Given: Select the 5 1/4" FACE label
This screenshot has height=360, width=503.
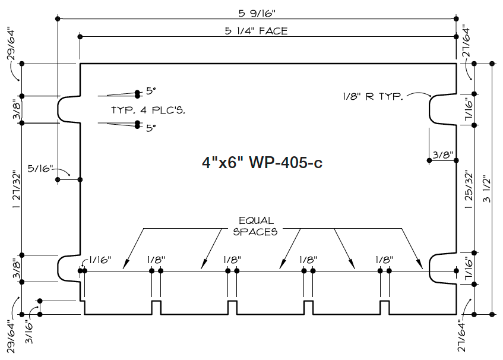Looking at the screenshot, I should (x=256, y=31).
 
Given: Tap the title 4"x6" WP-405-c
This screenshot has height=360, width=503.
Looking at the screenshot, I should (x=261, y=162).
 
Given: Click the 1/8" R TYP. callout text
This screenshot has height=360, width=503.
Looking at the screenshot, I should (x=373, y=96).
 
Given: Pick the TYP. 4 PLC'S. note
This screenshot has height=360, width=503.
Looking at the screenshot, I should (x=145, y=110).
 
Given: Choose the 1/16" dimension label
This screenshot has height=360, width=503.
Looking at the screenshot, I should (x=99, y=260).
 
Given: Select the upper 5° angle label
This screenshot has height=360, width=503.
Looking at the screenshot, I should (x=150, y=91).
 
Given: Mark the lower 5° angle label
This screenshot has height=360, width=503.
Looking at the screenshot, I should (x=150, y=127).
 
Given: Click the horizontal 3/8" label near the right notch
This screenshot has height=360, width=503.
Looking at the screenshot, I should (x=442, y=155).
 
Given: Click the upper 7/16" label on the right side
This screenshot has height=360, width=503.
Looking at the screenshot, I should (x=469, y=109).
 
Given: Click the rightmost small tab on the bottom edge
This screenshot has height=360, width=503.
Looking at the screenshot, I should (x=384, y=307).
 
